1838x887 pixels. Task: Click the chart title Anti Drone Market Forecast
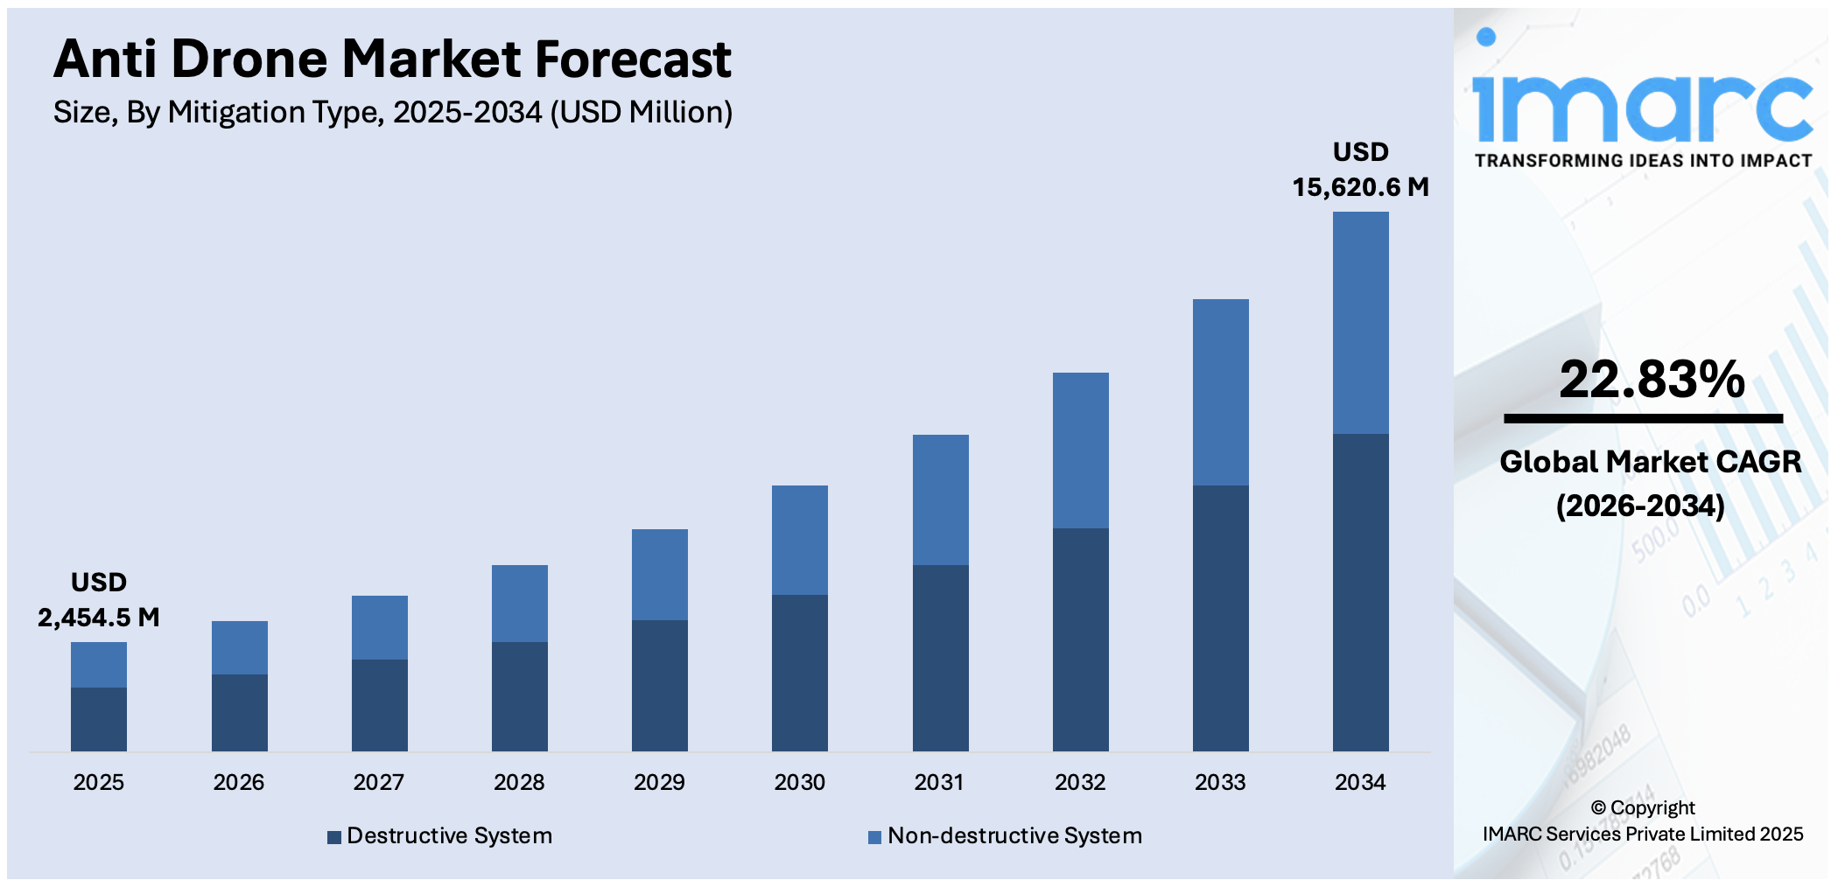pyautogui.click(x=392, y=59)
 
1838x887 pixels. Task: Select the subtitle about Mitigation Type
pyautogui.click(x=392, y=113)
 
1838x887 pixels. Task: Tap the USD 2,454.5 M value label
pyautogui.click(x=98, y=601)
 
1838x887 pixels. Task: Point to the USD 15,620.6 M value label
pyautogui.click(x=1360, y=170)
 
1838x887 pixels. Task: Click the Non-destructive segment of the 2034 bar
pyautogui.click(x=1360, y=323)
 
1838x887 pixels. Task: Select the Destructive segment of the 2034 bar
pyautogui.click(x=1360, y=592)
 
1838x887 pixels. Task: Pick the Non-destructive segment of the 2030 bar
pyautogui.click(x=799, y=540)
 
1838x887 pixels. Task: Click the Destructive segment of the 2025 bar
pyautogui.click(x=98, y=719)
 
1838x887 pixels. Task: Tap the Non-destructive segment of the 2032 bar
pyautogui.click(x=1080, y=450)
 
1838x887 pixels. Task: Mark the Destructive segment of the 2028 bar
pyautogui.click(x=519, y=696)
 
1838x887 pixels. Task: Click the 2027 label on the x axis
pyautogui.click(x=378, y=782)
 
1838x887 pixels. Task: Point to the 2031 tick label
pyautogui.click(x=939, y=782)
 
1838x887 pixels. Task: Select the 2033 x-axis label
pyautogui.click(x=1220, y=782)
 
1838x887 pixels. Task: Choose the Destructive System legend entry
pyautogui.click(x=440, y=836)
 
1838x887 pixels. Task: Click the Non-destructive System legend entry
pyautogui.click(x=1006, y=836)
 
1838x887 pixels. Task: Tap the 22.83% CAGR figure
pyautogui.click(x=1652, y=380)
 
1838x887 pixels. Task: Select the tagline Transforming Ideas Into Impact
pyautogui.click(x=1643, y=161)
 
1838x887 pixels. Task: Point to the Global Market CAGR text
pyautogui.click(x=1650, y=462)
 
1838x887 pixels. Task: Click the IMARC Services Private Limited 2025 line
pyautogui.click(x=1643, y=835)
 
